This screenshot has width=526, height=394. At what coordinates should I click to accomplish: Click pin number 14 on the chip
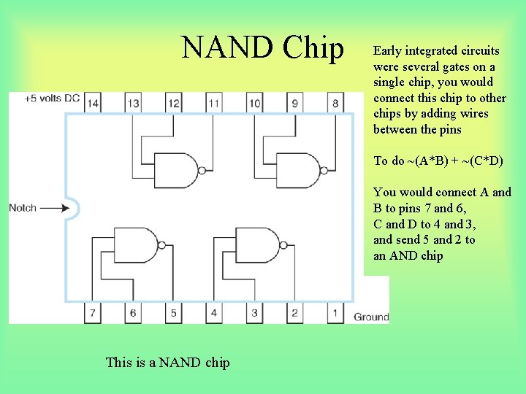coord(92,104)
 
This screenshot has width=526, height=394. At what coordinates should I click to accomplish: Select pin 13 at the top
coord(133,104)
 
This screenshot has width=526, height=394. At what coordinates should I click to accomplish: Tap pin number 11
coord(213,104)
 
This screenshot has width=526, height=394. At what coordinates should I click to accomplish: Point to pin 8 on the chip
coord(335,104)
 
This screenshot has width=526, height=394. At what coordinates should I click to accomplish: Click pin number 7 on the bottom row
coord(93,313)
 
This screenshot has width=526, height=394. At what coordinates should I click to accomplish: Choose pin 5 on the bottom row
coord(173,313)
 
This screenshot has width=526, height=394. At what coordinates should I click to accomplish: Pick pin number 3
coord(254,313)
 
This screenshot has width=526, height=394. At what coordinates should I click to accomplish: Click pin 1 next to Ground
coord(335,313)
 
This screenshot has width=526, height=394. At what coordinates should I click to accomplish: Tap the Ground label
coord(371,317)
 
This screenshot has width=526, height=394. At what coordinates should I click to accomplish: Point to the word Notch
coord(23,208)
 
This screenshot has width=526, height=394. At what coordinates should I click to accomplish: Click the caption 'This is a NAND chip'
coord(167,362)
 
